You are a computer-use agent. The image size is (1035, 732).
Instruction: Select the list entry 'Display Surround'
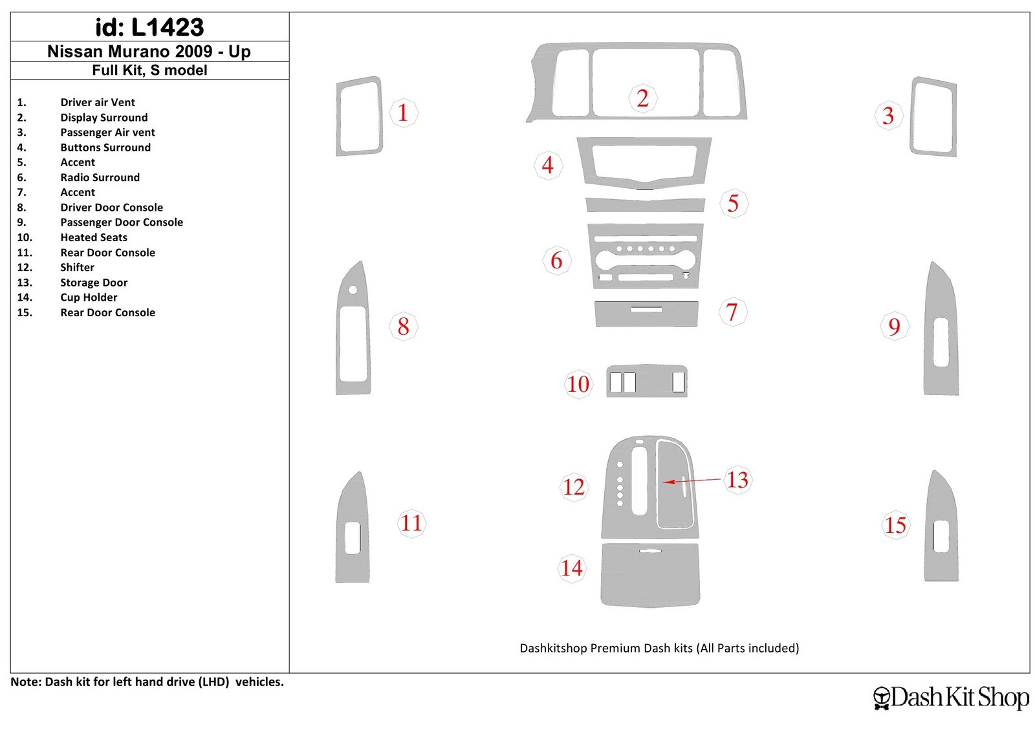(x=104, y=117)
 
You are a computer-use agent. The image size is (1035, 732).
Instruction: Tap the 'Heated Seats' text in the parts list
(x=94, y=237)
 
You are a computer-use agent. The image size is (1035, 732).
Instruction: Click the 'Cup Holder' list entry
(x=89, y=297)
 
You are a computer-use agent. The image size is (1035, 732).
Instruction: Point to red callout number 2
(x=642, y=98)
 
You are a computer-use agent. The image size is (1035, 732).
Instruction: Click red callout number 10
(x=578, y=384)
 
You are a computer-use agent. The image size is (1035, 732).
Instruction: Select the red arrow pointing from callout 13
(x=692, y=480)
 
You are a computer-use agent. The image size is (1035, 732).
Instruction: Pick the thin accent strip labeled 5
(x=645, y=205)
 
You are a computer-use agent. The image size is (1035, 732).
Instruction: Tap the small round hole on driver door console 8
(x=353, y=290)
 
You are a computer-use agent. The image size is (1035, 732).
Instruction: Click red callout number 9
(x=894, y=327)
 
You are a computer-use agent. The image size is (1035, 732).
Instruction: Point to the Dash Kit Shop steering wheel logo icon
(x=881, y=698)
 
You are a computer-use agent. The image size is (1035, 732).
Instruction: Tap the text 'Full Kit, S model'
(x=149, y=70)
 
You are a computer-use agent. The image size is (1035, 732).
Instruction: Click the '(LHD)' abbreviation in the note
(x=214, y=682)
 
